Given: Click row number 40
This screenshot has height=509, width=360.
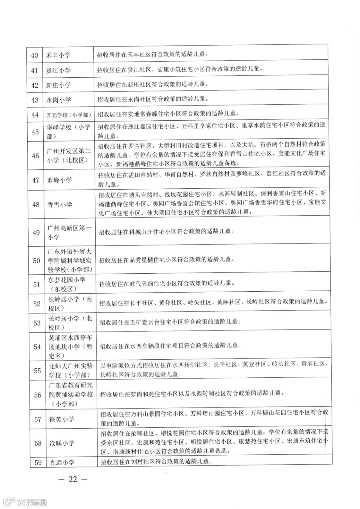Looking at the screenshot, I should [x=35, y=55].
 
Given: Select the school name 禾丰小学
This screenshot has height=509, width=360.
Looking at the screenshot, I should [x=58, y=55].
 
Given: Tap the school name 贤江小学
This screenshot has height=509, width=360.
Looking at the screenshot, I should [x=58, y=70].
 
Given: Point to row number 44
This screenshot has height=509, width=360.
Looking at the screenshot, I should [x=35, y=115].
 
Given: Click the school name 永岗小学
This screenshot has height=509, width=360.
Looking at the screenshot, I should [x=59, y=100].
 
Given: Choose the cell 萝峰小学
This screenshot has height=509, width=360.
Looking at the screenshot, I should [x=60, y=180].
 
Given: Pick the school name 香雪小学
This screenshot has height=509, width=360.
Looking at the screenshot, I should [x=60, y=205].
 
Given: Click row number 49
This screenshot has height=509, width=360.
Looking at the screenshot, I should [x=36, y=233].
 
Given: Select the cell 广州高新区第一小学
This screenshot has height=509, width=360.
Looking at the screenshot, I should [x=69, y=233].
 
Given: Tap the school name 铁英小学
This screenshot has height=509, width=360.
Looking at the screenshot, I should [x=62, y=419].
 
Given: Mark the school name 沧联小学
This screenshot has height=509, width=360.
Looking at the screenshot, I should [x=62, y=443].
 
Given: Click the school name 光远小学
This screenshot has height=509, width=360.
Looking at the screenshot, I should [x=62, y=462].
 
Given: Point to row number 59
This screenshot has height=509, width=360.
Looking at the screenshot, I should [x=38, y=462].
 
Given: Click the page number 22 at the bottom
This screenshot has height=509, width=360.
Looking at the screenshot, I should [x=73, y=479].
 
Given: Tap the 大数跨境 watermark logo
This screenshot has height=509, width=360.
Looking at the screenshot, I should [x=25, y=502].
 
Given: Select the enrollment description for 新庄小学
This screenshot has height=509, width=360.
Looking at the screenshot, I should [x=153, y=85].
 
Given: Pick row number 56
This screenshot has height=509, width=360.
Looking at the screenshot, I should [x=37, y=395].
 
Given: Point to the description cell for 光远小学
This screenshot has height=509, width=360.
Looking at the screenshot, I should [x=157, y=462].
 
